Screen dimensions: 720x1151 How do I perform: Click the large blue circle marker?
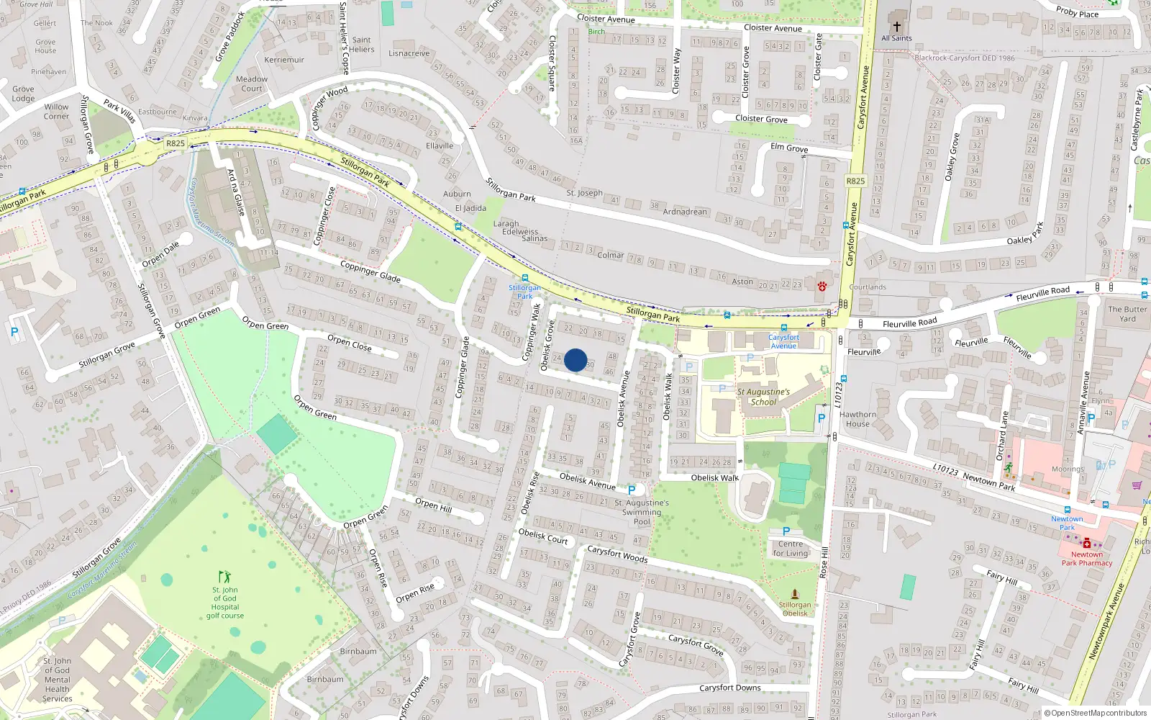(x=575, y=360)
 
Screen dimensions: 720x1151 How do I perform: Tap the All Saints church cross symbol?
(x=896, y=27)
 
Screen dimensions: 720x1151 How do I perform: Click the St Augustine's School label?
(x=763, y=397)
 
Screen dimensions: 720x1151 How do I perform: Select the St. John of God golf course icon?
(x=224, y=577)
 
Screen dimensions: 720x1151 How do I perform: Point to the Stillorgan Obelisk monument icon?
(x=794, y=595)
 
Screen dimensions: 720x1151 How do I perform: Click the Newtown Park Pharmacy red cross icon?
(x=1086, y=544)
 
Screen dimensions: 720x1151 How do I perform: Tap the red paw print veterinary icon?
(x=822, y=286)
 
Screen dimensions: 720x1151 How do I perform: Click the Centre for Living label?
(x=790, y=549)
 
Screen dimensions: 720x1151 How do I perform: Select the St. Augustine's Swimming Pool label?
(x=642, y=512)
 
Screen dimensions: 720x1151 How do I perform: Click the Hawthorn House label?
(x=857, y=419)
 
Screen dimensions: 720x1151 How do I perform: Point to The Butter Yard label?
(x=1127, y=314)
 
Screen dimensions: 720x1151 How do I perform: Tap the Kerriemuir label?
(x=284, y=60)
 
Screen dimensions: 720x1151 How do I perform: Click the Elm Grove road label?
(x=789, y=148)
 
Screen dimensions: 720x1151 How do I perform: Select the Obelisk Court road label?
(x=543, y=536)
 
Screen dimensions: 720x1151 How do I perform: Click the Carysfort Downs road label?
(x=729, y=688)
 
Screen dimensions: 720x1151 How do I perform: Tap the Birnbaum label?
(x=358, y=651)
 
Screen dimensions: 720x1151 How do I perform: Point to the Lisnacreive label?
(x=409, y=53)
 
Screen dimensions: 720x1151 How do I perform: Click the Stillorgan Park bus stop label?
(x=524, y=292)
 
